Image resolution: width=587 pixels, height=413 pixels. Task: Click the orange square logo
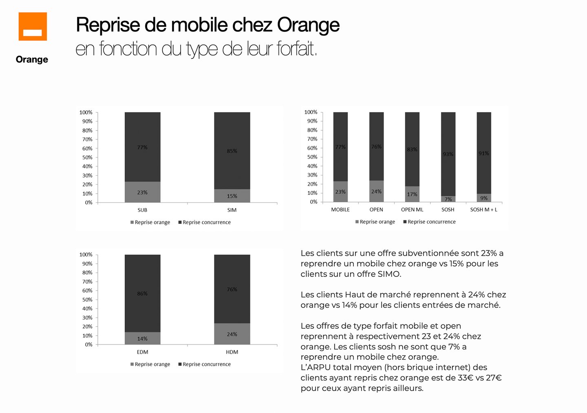tap(33, 27)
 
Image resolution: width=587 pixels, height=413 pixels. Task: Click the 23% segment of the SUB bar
tap(142, 192)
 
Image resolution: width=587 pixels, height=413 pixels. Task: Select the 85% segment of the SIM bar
tap(232, 150)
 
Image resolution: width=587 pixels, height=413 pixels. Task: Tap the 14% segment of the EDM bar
tap(142, 338)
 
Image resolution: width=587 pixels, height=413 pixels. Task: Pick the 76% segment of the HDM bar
tap(232, 289)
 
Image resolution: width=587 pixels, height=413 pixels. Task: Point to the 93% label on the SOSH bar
tap(448, 154)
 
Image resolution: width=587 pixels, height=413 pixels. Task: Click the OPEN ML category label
tap(412, 210)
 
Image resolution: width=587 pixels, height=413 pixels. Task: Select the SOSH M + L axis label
tap(483, 210)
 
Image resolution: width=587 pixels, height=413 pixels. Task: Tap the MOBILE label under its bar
tap(340, 210)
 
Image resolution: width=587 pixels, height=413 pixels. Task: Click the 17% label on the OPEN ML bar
tap(412, 194)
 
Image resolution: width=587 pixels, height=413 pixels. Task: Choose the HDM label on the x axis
tap(232, 352)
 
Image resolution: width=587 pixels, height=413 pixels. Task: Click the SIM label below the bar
tap(232, 210)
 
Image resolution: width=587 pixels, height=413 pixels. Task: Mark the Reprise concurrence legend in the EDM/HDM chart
tap(206, 364)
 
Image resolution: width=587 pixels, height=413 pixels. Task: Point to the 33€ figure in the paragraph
tap(465, 378)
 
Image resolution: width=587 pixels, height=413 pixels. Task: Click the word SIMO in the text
tap(389, 274)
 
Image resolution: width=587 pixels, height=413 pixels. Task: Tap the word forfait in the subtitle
tap(297, 49)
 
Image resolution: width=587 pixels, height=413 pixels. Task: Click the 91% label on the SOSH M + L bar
tap(484, 153)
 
